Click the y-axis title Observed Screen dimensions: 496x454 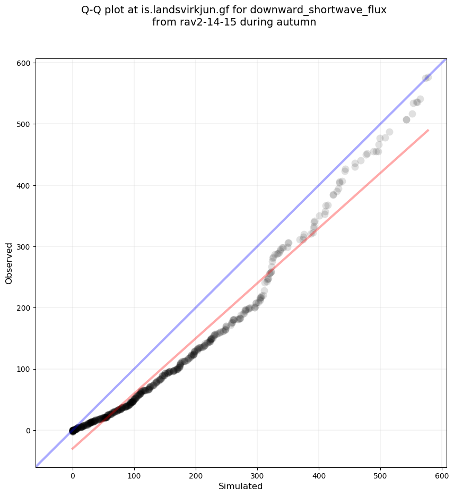pos(9,263)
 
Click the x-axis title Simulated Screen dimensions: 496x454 pos(241,486)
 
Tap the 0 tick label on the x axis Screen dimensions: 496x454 pos(73,474)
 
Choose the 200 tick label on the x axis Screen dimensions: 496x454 pos(196,474)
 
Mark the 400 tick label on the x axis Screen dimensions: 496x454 pos(319,474)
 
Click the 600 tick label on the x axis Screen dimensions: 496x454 pos(442,474)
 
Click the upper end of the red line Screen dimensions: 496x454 pos(428,130)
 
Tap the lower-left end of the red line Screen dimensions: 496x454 pos(73,449)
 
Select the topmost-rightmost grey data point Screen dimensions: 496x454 pos(427,77)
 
